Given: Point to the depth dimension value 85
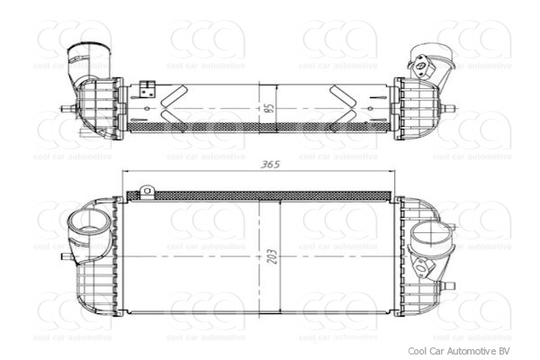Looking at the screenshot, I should [267, 108].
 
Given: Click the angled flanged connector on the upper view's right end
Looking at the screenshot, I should [426, 61].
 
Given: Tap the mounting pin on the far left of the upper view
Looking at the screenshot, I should [66, 109].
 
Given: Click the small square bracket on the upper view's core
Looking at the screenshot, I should [148, 88].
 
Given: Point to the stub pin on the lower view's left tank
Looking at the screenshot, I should [65, 256].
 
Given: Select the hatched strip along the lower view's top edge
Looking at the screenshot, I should [261, 194].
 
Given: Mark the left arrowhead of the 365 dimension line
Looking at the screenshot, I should [127, 172].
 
